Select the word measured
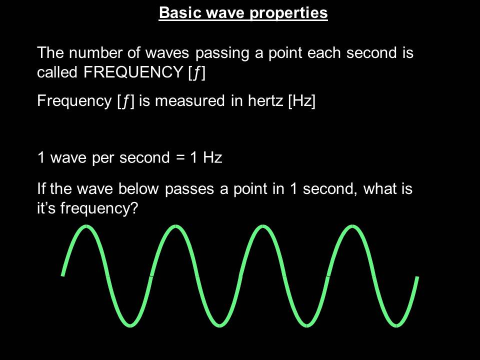(x=188, y=101)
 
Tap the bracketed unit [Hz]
(x=302, y=101)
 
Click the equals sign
(x=180, y=158)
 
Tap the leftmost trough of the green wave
(x=130, y=325)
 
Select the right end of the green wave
(x=417, y=277)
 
